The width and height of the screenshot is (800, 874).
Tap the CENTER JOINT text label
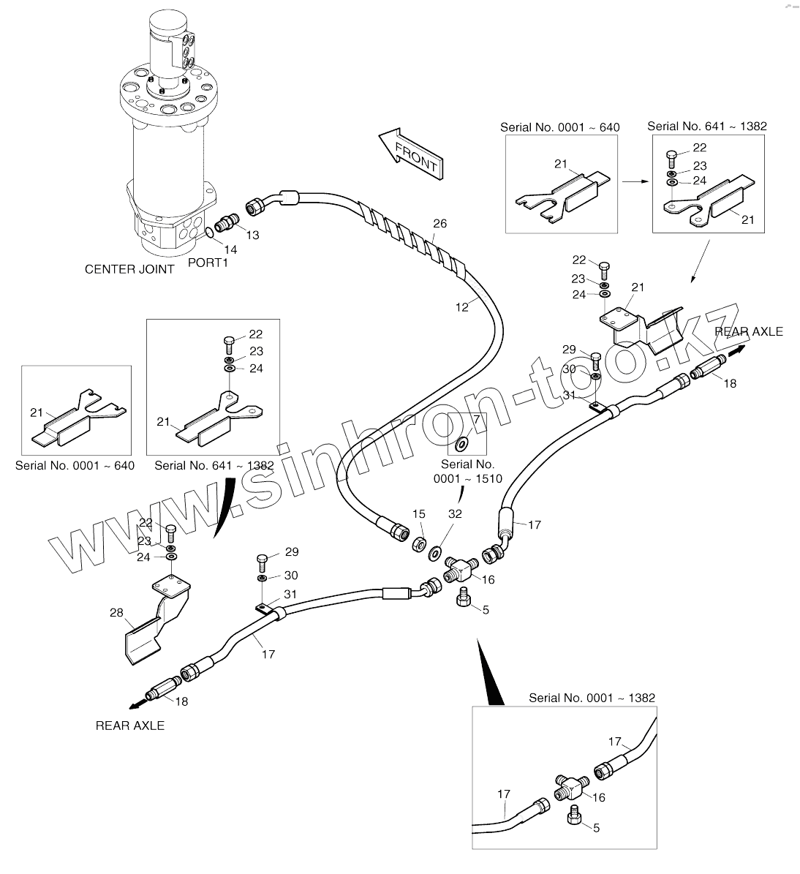click(129, 269)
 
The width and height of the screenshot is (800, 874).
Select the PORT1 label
click(208, 263)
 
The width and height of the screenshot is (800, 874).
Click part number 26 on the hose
click(439, 224)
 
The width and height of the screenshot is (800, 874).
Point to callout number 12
click(461, 307)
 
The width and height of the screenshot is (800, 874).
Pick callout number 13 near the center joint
click(252, 235)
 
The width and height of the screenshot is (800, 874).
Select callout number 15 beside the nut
click(418, 514)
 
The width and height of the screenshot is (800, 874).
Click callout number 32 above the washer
click(455, 514)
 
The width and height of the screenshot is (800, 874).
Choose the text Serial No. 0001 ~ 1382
click(592, 698)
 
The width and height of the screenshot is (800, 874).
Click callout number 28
click(117, 613)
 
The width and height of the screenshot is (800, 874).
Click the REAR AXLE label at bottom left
click(130, 726)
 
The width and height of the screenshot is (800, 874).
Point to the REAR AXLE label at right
click(749, 331)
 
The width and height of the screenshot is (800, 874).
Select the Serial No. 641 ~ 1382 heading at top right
click(707, 127)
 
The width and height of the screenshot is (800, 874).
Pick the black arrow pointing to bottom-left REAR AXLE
click(136, 704)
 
